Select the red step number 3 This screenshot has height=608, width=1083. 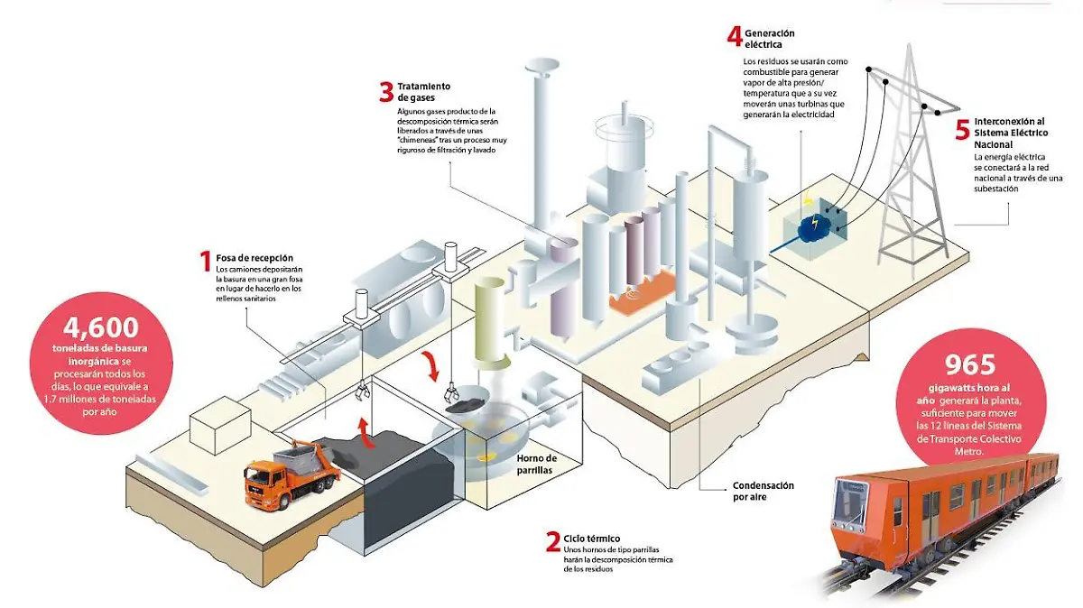(386, 92)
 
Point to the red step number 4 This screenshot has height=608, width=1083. (736, 36)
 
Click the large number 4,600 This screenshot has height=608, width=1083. (101, 329)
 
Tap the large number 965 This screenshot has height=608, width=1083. (969, 364)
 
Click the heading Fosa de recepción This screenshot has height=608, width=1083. (255, 258)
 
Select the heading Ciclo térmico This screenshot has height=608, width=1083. (592, 538)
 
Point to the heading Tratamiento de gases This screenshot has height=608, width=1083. (424, 91)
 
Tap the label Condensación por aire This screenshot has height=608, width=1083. (763, 491)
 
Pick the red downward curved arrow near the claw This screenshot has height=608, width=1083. (434, 365)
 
